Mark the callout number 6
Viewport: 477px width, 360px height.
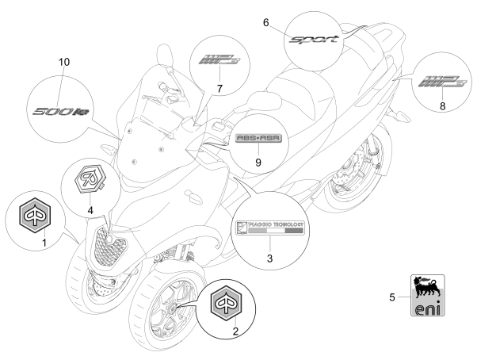pos(266,24)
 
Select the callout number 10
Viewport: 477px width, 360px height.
pos(64,61)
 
